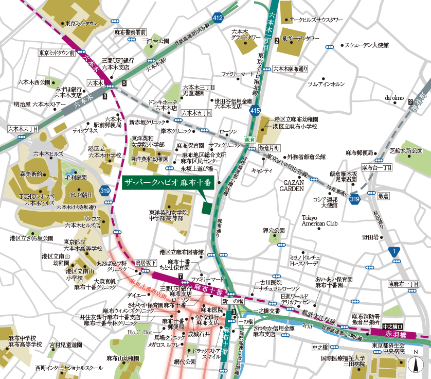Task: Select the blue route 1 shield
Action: (393, 251)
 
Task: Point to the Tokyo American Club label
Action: (319, 220)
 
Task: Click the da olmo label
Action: (394, 97)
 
